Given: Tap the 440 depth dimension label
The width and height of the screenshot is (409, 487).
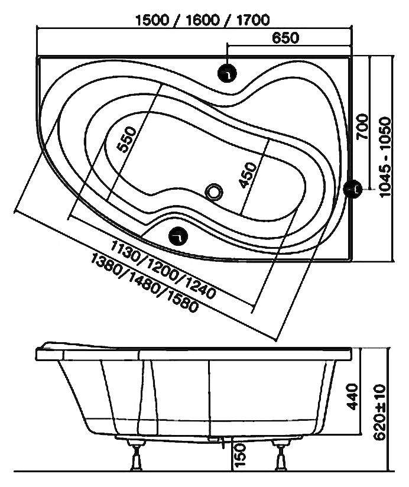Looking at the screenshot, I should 353,398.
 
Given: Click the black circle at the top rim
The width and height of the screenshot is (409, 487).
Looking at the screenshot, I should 227,73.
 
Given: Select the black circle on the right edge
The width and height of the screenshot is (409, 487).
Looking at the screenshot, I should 353,189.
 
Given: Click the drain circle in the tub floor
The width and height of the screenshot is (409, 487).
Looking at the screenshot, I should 214,191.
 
